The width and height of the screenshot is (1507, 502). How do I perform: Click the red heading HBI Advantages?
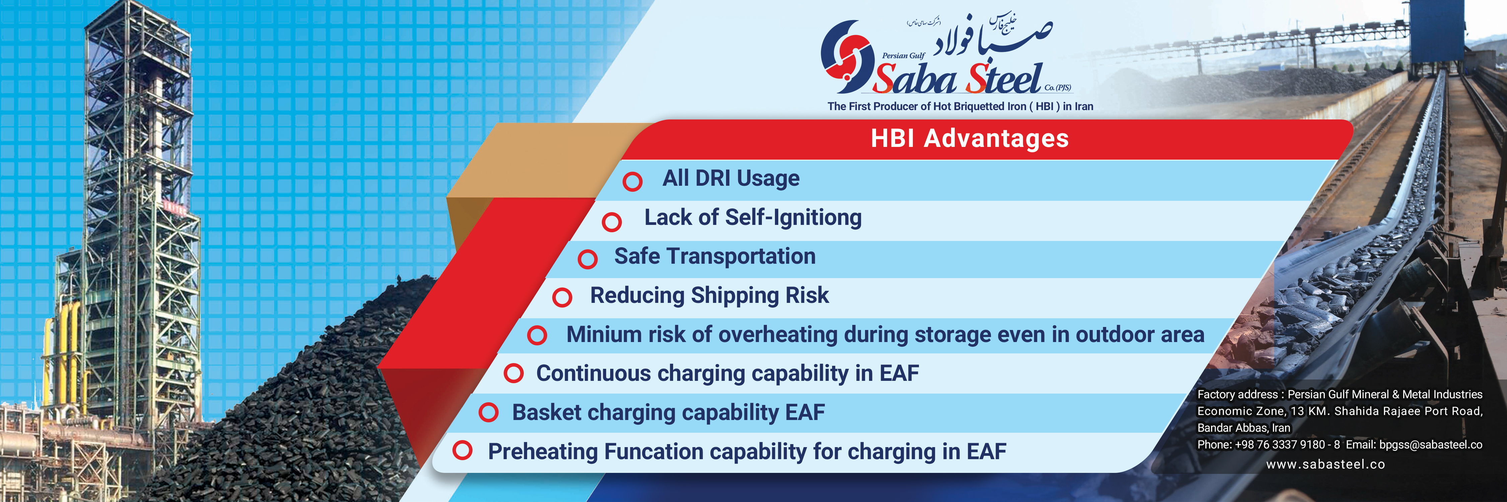[970, 139]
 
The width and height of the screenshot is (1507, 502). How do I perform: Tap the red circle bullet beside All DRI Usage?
[632, 181]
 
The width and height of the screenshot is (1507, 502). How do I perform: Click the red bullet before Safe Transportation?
[587, 259]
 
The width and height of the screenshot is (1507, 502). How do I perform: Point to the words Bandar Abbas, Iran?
[1244, 428]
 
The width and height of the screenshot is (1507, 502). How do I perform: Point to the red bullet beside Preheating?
[462, 450]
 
